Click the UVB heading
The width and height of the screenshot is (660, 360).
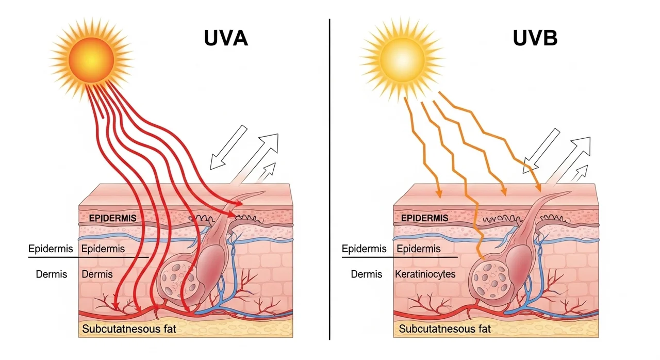535,39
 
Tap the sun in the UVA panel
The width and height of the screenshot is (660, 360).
91,58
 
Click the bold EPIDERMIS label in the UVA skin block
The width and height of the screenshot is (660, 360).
112,218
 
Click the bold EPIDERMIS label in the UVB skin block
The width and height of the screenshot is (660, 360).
424,218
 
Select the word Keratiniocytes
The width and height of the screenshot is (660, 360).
425,274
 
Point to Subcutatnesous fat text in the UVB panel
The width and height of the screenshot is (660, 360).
444,329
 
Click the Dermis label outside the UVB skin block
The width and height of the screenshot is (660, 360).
367,274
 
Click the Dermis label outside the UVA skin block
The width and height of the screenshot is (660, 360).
52,274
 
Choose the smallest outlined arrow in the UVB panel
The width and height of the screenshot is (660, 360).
580,172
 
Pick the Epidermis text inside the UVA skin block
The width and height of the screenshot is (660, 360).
103,249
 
